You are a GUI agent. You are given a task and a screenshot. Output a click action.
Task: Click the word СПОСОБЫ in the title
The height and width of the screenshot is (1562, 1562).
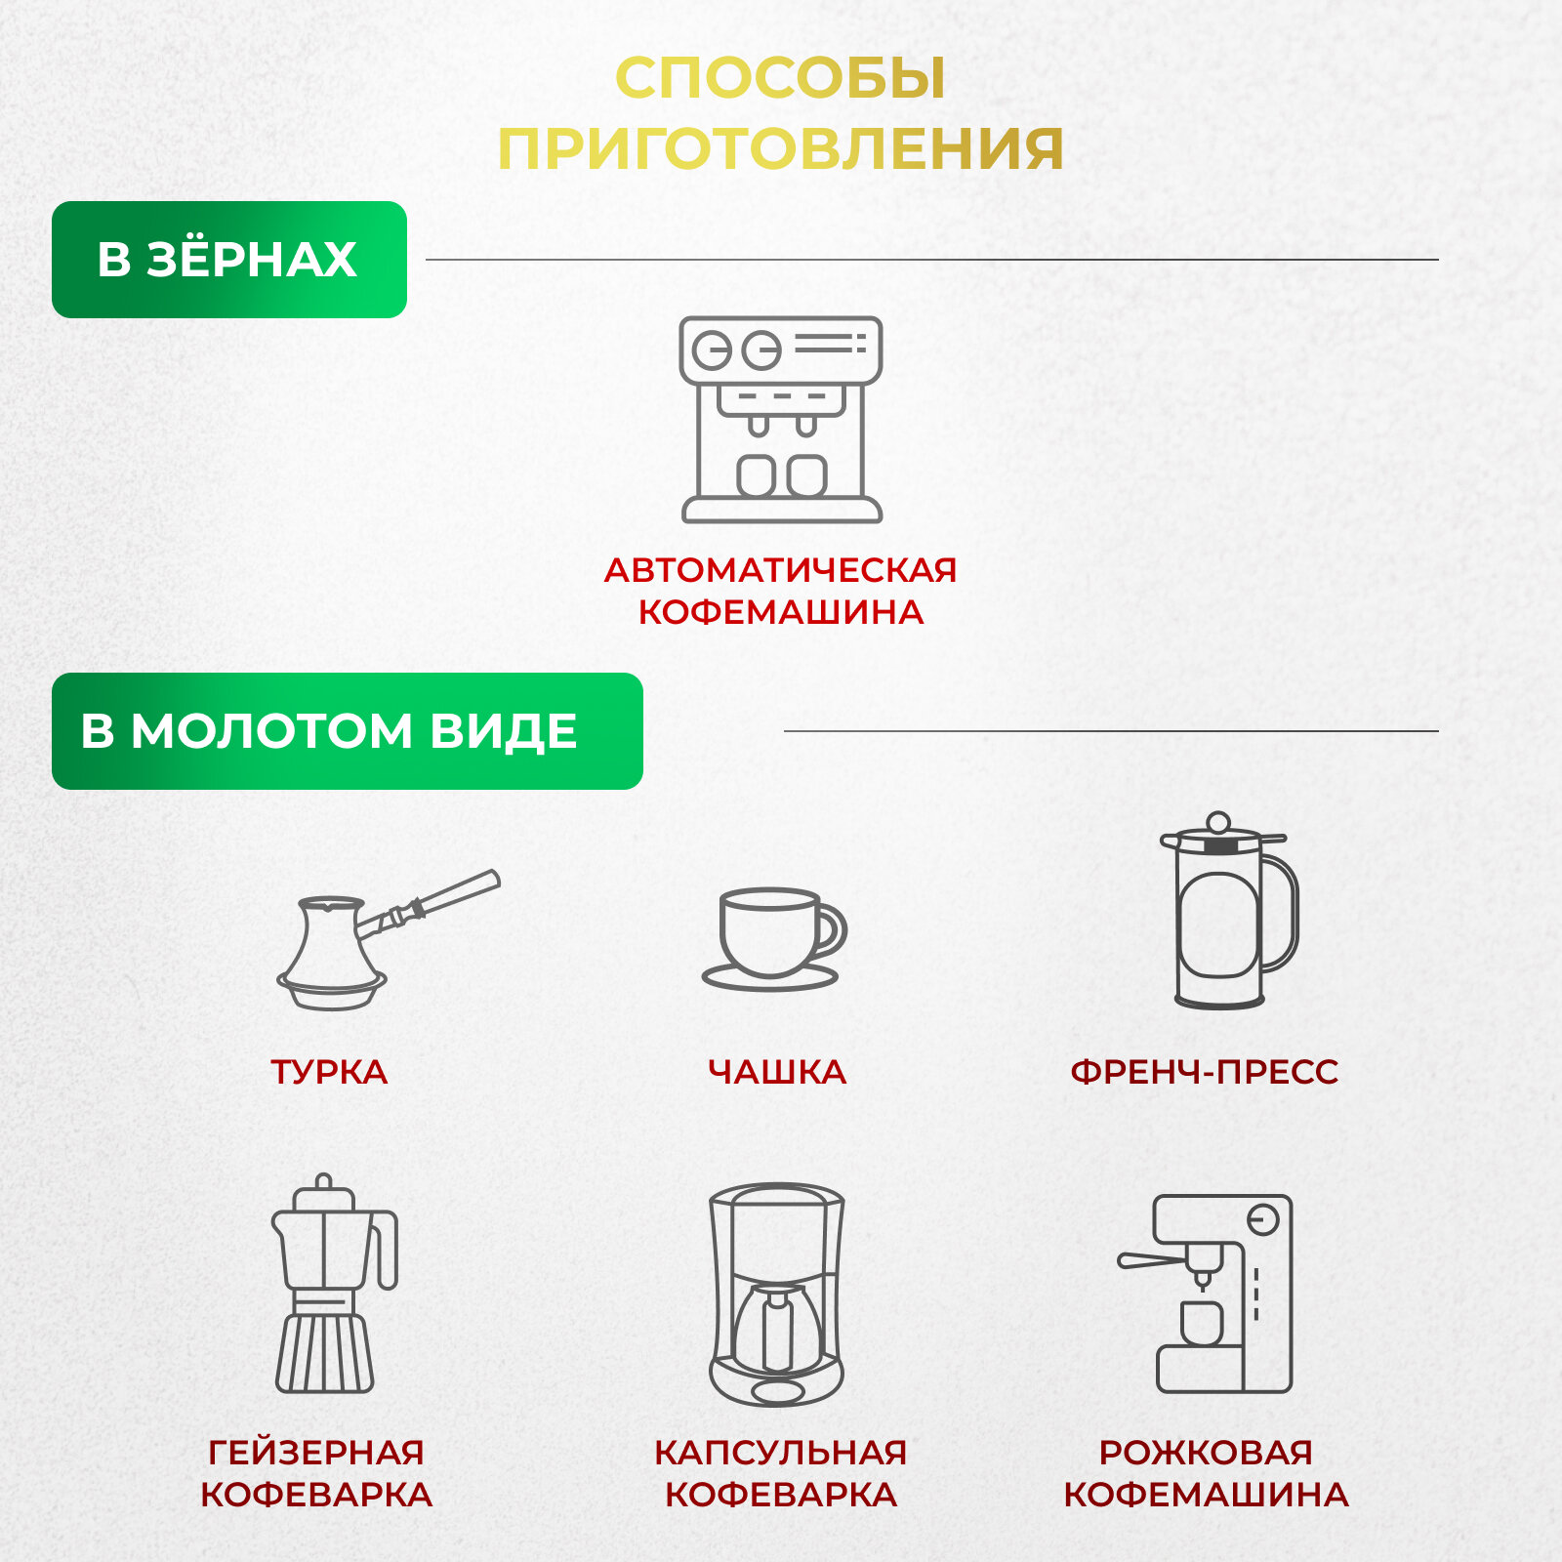point(780,78)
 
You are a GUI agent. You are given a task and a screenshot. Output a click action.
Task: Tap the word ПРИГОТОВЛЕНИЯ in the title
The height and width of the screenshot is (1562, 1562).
point(780,149)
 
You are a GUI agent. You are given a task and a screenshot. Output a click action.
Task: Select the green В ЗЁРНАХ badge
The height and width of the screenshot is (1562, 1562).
point(228,260)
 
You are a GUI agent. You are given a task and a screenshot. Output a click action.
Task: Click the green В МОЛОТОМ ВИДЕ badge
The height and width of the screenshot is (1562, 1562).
point(347,731)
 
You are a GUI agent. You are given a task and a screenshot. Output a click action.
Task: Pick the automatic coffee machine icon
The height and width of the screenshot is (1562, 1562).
point(781,420)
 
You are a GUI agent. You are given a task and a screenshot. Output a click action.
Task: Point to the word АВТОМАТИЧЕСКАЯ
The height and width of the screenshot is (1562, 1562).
point(780,570)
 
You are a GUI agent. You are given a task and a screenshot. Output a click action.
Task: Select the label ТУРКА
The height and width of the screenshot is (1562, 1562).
point(329,1072)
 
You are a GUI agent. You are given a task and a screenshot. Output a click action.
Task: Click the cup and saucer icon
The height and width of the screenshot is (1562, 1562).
point(774,939)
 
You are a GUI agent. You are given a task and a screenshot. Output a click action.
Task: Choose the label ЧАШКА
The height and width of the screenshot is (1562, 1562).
point(777,1072)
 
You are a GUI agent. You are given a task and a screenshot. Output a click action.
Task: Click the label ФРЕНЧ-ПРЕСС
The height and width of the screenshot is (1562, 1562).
point(1205,1072)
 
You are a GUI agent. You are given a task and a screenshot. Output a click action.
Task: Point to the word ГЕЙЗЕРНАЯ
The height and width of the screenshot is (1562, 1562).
point(316,1453)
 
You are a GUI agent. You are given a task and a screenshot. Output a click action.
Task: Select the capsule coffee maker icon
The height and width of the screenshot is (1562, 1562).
point(777,1294)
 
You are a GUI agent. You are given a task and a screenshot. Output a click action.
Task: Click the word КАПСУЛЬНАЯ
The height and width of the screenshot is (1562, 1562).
point(780,1453)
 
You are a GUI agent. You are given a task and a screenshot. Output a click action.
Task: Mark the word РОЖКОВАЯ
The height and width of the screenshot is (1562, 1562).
point(1206,1453)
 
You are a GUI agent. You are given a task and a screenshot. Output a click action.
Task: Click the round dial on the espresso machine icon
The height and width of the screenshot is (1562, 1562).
point(1262,1220)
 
